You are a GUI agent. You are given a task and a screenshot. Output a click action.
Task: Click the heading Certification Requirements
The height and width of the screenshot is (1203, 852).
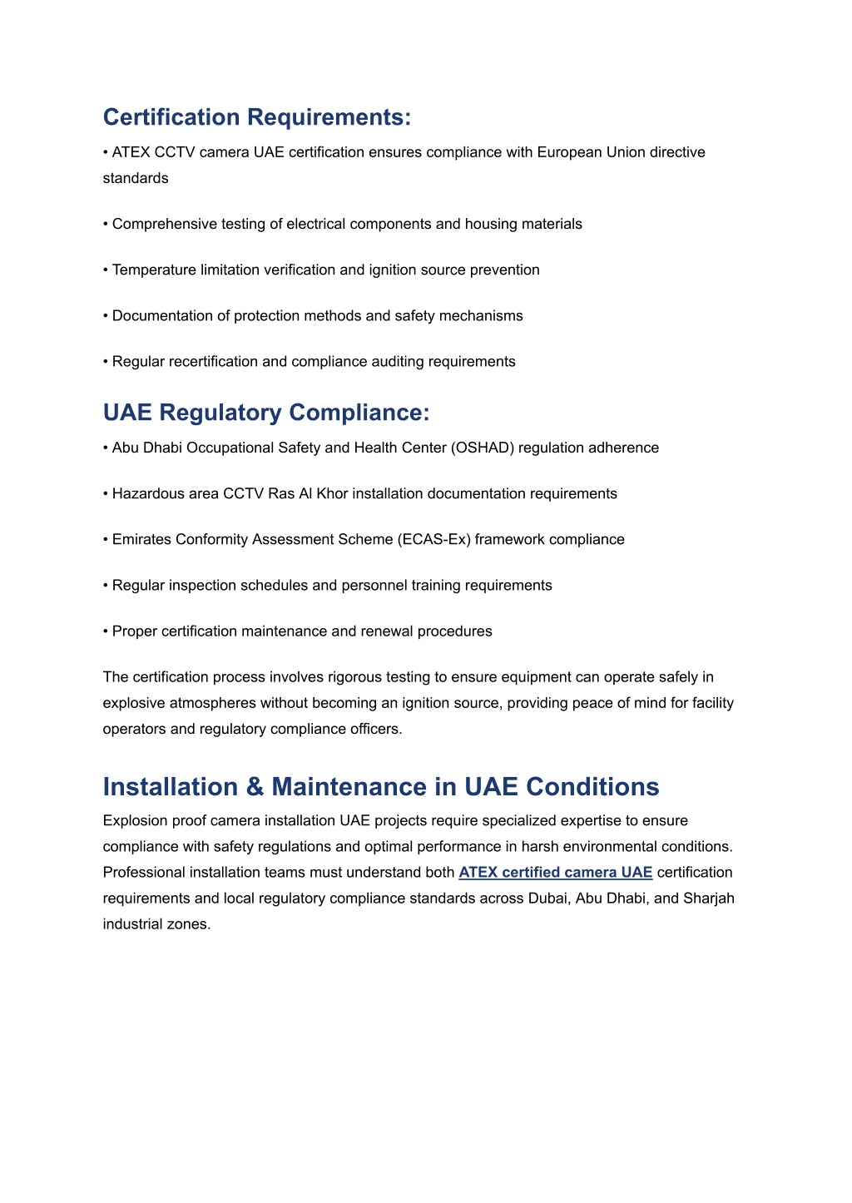click(x=256, y=117)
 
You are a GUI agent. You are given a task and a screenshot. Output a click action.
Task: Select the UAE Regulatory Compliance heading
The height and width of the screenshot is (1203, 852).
click(x=266, y=413)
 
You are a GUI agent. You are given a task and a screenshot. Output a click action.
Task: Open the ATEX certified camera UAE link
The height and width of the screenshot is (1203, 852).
click(x=555, y=873)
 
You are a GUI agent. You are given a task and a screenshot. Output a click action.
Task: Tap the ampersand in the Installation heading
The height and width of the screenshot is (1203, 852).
click(x=255, y=787)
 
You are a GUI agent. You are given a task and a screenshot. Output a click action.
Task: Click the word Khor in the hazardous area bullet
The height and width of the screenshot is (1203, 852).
click(x=333, y=494)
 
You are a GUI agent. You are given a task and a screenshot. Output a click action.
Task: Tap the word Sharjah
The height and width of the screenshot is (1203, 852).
click(x=709, y=899)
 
